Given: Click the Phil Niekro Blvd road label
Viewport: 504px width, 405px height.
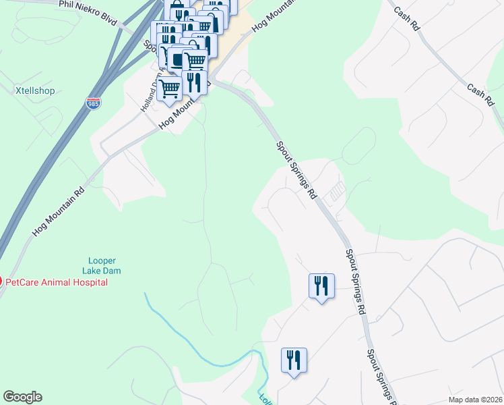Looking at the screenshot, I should [88, 13].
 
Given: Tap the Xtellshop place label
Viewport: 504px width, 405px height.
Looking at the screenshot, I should [34, 90].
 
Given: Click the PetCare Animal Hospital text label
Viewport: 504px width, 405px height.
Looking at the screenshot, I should [57, 282].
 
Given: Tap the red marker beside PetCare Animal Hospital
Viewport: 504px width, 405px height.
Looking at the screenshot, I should [1, 281].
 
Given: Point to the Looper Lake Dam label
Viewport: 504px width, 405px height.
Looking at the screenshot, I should [102, 266].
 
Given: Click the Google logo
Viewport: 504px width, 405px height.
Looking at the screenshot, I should [22, 397].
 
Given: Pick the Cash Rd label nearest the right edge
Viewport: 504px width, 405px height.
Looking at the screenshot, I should [480, 94].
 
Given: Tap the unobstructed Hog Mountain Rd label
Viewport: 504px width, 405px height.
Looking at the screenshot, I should [59, 212].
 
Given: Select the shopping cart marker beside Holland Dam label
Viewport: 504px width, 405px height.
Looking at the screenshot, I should [168, 88].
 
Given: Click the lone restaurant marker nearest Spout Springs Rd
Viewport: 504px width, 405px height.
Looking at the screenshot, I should [321, 286].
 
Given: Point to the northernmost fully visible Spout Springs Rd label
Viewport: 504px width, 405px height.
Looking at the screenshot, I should [296, 169].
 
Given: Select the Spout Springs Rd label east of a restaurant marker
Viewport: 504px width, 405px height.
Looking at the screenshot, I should [355, 282].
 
